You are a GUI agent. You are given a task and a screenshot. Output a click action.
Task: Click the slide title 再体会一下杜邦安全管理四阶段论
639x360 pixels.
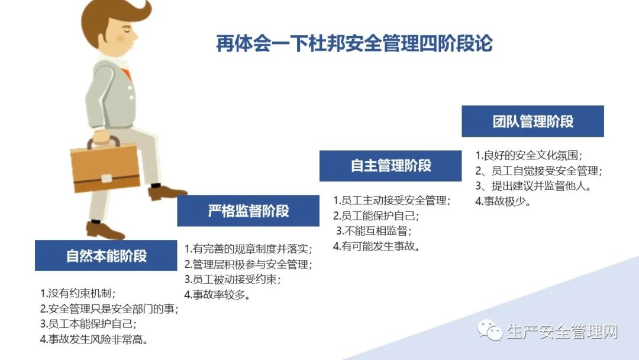354,43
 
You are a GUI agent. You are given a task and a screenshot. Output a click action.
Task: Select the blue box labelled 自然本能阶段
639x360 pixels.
106,256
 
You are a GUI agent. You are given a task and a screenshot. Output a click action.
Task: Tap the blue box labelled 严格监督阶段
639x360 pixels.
248,211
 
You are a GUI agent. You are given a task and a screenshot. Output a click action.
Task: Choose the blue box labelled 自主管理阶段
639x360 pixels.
390,166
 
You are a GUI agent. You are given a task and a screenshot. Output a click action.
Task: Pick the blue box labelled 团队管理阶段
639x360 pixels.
532,121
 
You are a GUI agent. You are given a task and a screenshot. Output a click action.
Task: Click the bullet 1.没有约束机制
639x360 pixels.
78,293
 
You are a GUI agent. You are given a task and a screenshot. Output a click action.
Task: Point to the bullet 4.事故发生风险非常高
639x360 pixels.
93,339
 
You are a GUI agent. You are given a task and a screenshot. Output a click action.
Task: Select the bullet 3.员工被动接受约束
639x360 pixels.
233,279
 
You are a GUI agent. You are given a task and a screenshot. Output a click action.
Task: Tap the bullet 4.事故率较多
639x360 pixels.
217,294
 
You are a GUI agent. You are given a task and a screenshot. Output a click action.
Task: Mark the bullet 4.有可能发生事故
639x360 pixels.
376,246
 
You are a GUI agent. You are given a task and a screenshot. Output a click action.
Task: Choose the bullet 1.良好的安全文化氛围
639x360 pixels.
529,155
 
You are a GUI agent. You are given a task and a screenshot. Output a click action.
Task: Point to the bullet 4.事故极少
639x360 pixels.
503,201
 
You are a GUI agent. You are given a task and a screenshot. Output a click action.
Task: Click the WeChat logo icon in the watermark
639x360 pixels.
489,329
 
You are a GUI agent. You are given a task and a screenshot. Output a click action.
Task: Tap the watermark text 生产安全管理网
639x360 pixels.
563,331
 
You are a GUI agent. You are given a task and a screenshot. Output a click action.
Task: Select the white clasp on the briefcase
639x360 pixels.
106,179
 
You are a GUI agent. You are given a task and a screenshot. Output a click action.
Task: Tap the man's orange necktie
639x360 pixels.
127,74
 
